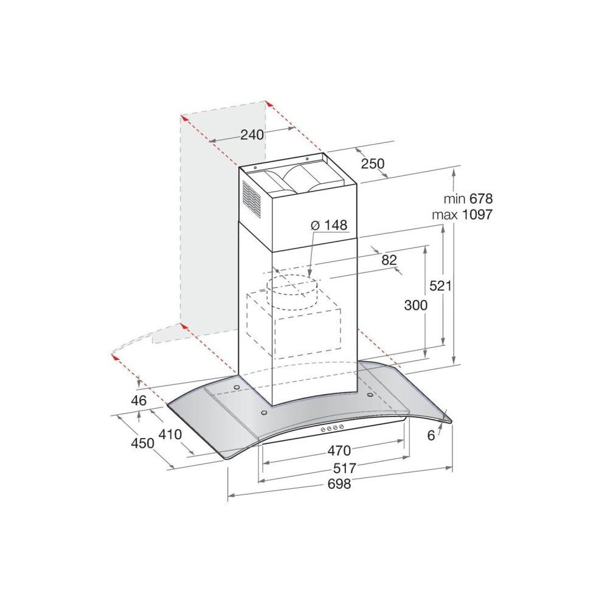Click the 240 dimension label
252,134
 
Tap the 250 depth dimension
372,164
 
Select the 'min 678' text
468,198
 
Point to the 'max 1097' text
462,214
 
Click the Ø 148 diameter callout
328,225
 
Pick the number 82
389,260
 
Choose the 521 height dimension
440,286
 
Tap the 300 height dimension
416,305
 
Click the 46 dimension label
139,401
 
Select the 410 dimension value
170,434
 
